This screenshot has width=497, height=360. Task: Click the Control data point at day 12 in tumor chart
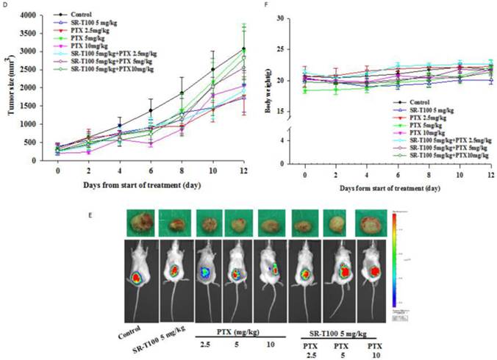click(x=243, y=49)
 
